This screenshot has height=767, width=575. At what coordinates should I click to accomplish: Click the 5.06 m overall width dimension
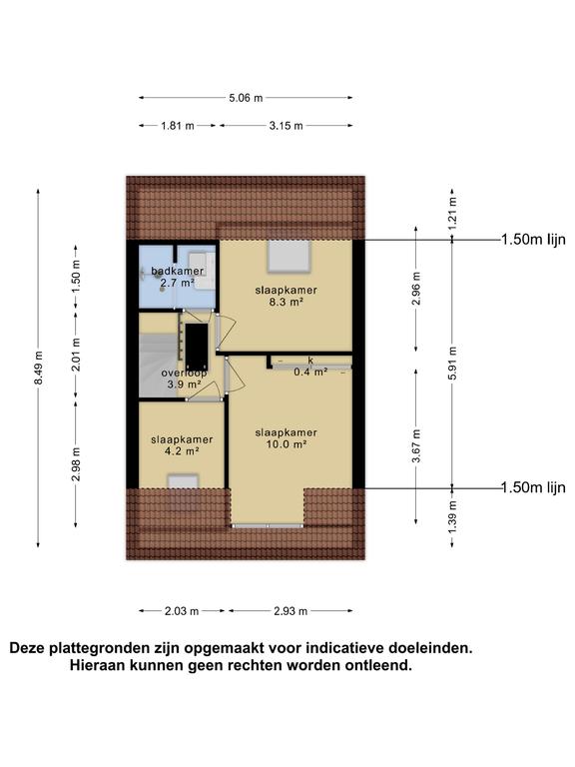[246, 98]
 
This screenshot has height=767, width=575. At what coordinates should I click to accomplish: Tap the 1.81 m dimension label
[177, 126]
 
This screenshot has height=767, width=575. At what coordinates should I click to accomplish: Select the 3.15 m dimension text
[285, 126]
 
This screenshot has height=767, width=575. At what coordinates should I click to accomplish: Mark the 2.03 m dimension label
[182, 611]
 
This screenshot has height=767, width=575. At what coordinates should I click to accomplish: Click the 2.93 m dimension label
[291, 611]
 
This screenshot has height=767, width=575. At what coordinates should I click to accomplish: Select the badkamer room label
[178, 271]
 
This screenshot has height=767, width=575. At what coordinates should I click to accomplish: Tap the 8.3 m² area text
[286, 302]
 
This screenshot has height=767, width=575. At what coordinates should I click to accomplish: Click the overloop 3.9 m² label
[182, 379]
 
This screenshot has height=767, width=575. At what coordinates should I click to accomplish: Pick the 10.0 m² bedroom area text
[286, 444]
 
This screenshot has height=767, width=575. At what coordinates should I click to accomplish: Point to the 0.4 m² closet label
[310, 373]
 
